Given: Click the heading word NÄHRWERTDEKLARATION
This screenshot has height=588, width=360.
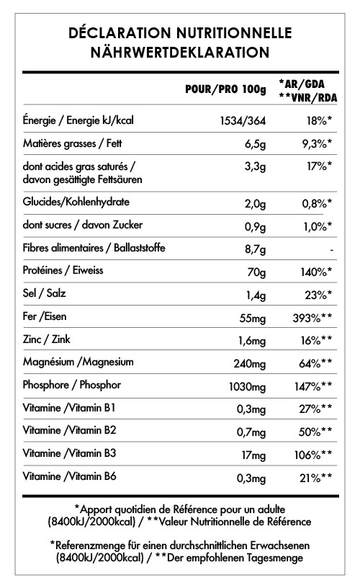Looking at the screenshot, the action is pyautogui.click(x=180, y=52).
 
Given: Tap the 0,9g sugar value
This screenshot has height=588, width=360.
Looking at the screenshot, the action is pyautogui.click(x=255, y=226).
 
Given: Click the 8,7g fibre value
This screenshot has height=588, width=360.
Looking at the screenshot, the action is pyautogui.click(x=255, y=249).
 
